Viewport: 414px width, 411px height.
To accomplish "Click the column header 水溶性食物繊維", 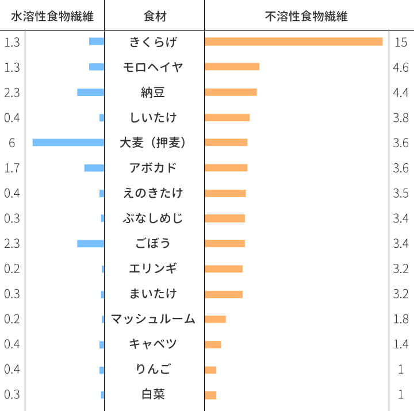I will click(52, 16).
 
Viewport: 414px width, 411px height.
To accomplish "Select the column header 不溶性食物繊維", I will click(306, 16).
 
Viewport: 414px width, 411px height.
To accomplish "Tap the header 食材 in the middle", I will click(154, 16).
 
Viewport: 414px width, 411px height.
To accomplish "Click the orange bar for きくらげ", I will click(293, 41).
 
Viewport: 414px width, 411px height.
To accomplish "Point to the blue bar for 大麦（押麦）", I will click(68, 143).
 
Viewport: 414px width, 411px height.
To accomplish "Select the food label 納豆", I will click(154, 92).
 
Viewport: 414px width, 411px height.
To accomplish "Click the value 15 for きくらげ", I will click(401, 42).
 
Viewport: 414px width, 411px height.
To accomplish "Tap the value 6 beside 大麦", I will click(11, 143).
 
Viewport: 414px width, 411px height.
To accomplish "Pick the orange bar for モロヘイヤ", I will click(232, 67).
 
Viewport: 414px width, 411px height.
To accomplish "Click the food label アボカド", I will click(154, 168).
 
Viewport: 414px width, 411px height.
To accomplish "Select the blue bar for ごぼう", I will click(90, 244).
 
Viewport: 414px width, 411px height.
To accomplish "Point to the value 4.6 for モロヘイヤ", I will click(401, 67).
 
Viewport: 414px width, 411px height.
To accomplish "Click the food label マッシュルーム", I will click(154, 319).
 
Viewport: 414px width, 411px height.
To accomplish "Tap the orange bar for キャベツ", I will click(213, 344).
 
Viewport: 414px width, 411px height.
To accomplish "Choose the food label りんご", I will click(154, 369).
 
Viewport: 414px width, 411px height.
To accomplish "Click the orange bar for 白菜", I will click(210, 395).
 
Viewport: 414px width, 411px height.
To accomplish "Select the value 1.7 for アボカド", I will click(11, 168).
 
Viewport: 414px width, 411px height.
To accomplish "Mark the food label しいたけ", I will click(154, 117).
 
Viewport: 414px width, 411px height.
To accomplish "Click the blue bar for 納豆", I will click(90, 92).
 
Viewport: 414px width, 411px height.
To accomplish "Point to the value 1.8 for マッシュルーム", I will click(401, 320).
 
